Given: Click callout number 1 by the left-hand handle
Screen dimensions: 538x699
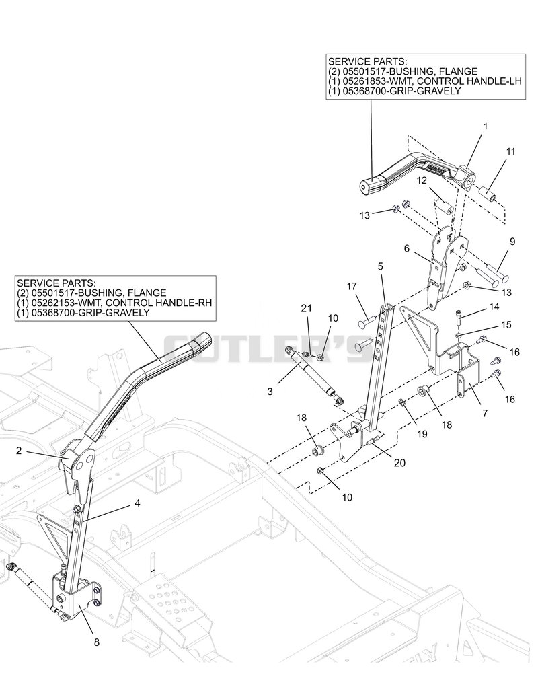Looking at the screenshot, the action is click(486, 126).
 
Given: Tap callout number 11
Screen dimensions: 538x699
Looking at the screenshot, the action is click(510, 151).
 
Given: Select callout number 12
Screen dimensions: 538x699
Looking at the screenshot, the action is click(422, 180).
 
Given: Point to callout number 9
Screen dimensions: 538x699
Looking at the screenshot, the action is click(512, 241).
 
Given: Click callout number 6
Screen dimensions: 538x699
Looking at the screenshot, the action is click(406, 248).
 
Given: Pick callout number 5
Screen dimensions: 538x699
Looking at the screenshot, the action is click(380, 266).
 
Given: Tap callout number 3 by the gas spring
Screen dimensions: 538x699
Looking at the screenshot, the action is click(270, 392).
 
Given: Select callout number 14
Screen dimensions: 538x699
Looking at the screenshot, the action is click(494, 307).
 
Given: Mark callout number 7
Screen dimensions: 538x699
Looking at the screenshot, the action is click(484, 414).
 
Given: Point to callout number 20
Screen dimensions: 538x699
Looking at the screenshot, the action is click(399, 463).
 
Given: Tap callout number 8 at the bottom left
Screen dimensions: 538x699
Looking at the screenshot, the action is click(97, 642).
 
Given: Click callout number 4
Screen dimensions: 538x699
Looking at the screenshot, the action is click(137, 503).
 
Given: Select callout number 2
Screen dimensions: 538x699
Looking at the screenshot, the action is click(19, 451).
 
